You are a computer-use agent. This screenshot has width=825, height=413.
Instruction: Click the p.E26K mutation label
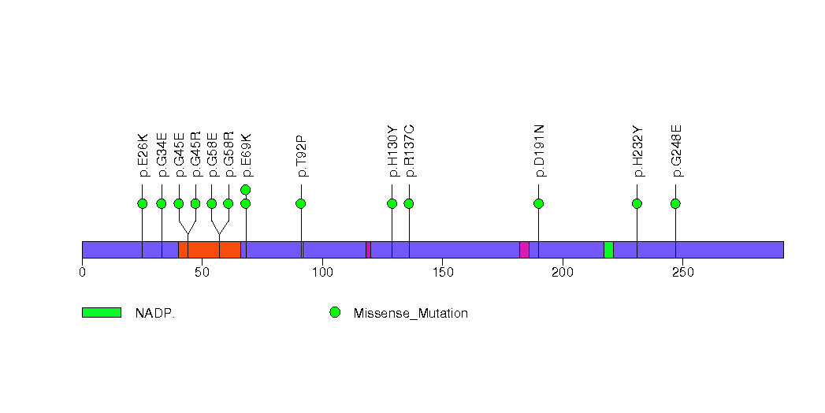(143, 157)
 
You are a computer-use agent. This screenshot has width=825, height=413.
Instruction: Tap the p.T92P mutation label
(301, 155)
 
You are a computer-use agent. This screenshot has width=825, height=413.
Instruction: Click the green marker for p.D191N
(538, 203)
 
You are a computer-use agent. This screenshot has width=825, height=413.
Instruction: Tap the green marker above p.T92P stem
(300, 203)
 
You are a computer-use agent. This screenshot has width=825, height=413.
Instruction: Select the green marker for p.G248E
(675, 203)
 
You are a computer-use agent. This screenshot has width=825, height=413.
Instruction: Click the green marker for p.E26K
(143, 203)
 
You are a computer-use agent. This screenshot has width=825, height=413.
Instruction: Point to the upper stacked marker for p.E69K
(245, 189)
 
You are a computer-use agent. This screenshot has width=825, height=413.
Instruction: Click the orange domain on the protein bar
(210, 249)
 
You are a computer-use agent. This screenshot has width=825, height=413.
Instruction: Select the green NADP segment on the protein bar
(608, 249)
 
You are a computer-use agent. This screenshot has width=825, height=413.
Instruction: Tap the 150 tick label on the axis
(442, 273)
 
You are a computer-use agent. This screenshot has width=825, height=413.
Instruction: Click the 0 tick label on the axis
(82, 273)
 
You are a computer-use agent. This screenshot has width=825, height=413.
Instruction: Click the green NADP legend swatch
(102, 313)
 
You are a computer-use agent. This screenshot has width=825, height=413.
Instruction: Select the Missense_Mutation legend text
(411, 313)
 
